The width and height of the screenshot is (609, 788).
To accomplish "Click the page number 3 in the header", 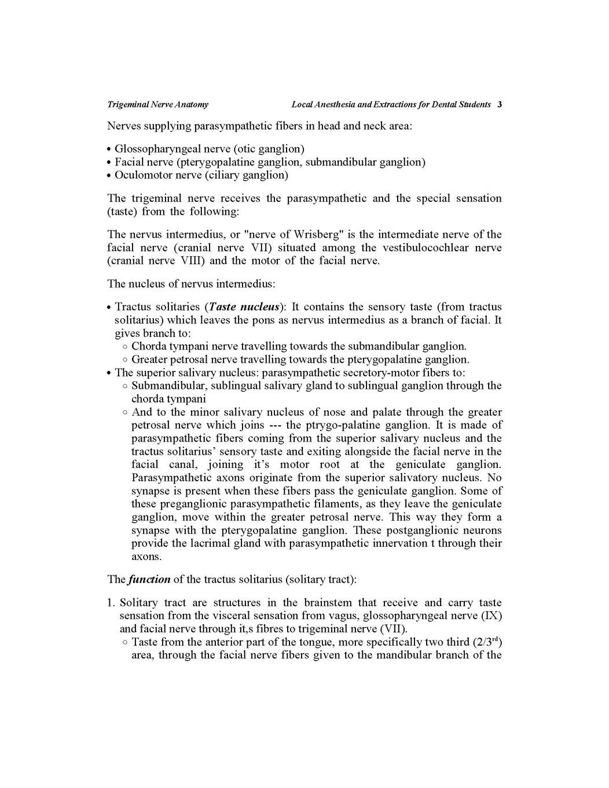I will [x=500, y=105].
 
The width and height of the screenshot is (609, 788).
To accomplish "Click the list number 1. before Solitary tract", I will [x=112, y=603].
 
